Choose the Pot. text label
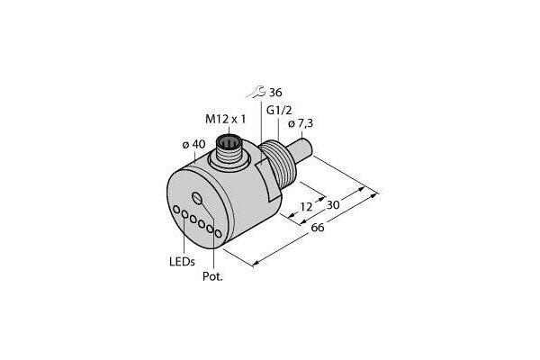[211, 276]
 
